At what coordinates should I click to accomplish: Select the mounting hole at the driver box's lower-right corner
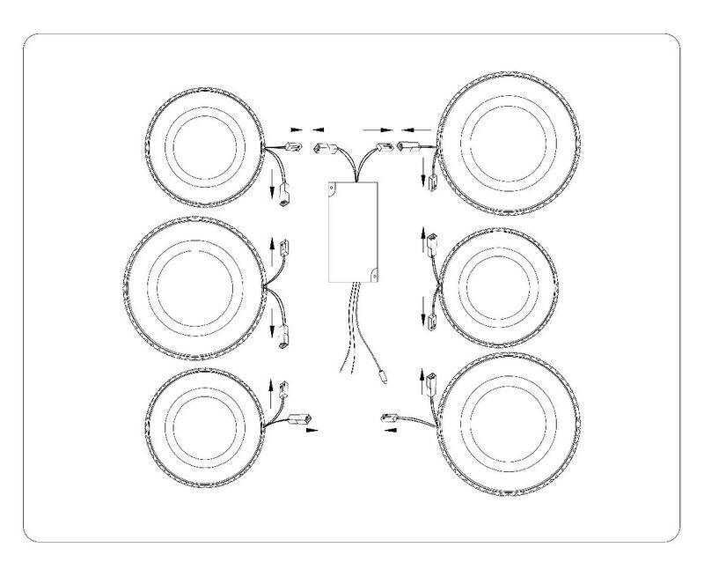[x=374, y=275]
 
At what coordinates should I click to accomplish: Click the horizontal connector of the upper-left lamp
[x=291, y=147]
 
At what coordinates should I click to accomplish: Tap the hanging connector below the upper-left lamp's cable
[x=283, y=200]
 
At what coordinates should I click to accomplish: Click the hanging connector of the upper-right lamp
[x=431, y=183]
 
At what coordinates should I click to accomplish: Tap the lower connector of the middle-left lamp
[x=284, y=335]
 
